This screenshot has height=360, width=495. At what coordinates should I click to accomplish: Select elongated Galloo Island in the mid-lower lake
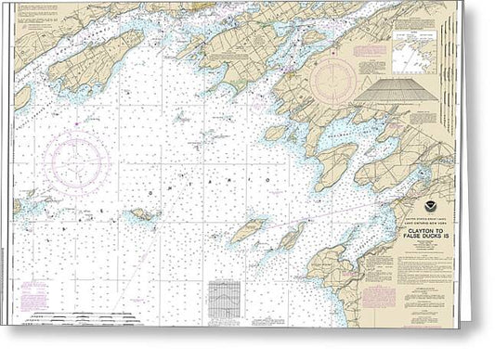pyautogui.click(x=248, y=230)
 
